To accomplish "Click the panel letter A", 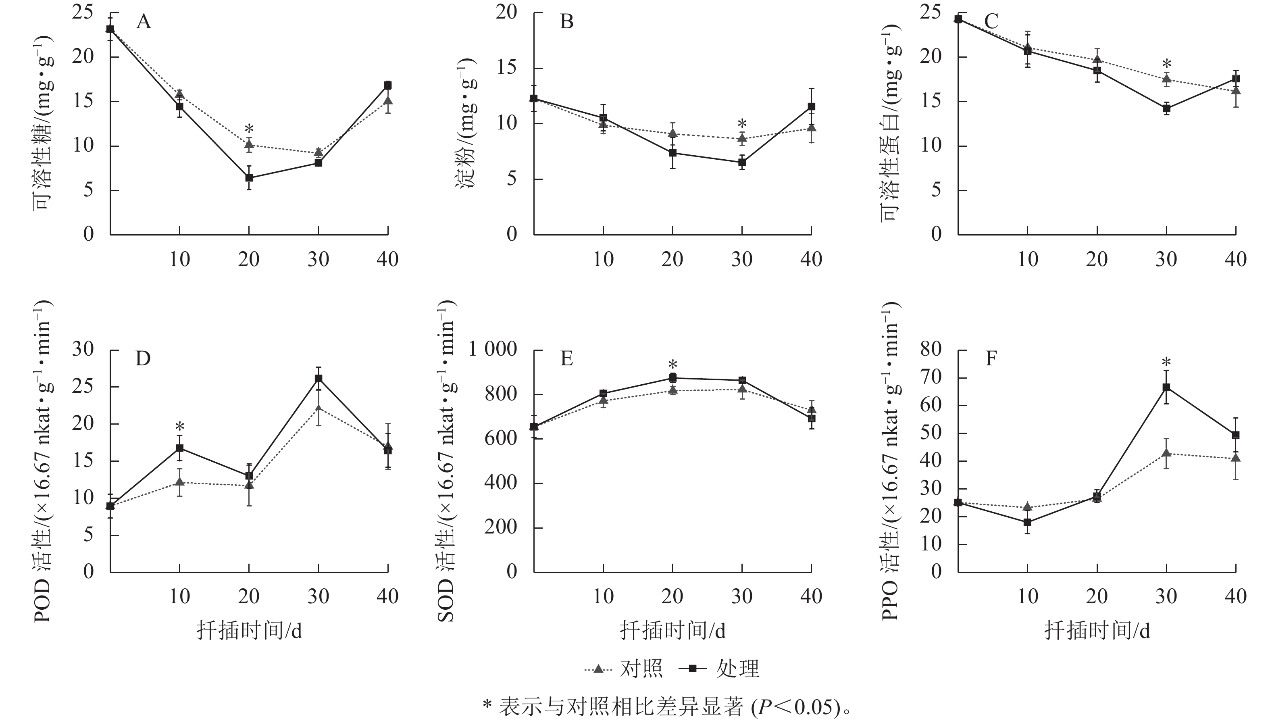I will pos(144,22).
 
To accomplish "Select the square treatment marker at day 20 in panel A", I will pos(249,178).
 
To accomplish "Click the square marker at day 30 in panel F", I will pos(1166,387).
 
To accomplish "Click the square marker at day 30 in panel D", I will pos(319,378).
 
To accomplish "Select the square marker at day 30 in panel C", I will pos(1166,108).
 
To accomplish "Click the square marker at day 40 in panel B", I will pos(812,106).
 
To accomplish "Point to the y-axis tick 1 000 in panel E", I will pos(493,350).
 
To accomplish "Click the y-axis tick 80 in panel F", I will pos(931,350).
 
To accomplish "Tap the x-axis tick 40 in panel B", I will pos(811,259).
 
